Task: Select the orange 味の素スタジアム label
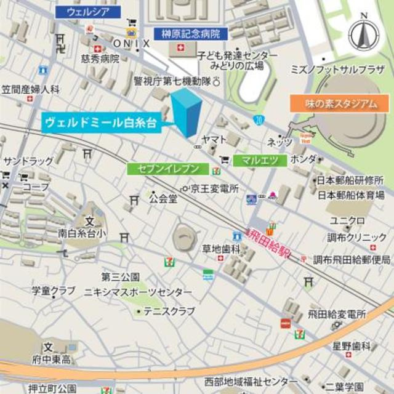(x=340, y=103)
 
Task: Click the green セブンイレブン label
(x=164, y=168)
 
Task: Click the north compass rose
(x=364, y=35)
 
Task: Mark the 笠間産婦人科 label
(x=30, y=89)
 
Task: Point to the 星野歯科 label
(x=352, y=346)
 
